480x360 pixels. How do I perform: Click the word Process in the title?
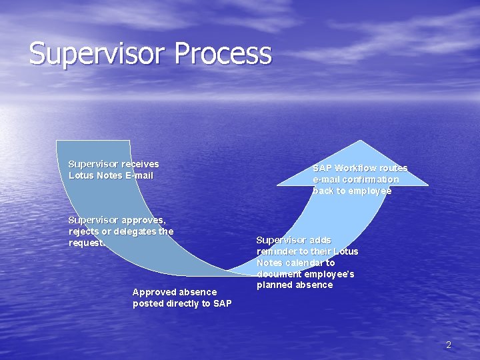click(225, 54)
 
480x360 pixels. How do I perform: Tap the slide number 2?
click(448, 345)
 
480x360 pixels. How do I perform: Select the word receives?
click(140, 164)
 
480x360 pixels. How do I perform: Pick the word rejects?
click(84, 231)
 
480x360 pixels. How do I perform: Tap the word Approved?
click(155, 292)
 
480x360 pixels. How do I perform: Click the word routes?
click(393, 168)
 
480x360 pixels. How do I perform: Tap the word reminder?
click(277, 251)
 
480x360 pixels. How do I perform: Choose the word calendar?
click(305, 263)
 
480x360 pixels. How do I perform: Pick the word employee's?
click(330, 274)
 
